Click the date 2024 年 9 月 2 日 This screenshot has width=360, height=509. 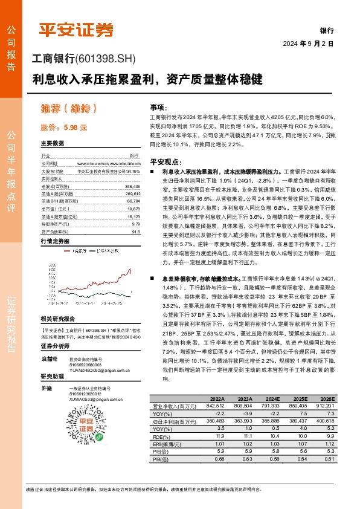pyautogui.click(x=308, y=44)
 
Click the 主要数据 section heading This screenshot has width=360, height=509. pyautogui.click(x=53, y=144)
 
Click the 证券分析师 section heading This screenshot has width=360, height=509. pyautogui.click(x=56, y=346)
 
